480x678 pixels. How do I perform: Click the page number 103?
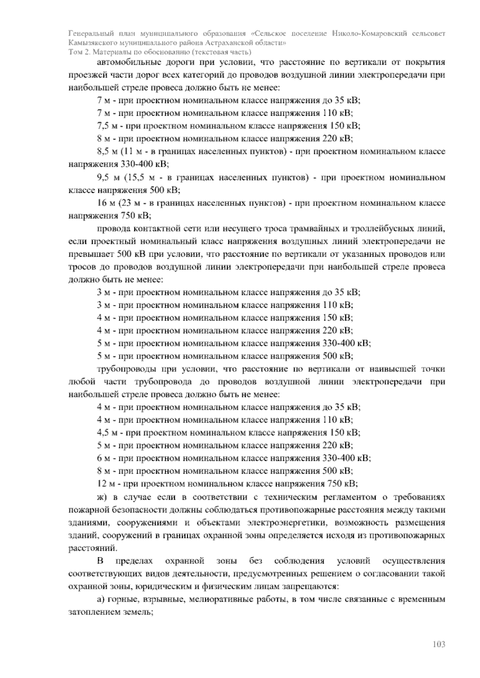click(x=439, y=644)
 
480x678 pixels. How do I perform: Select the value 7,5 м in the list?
click(x=107, y=126)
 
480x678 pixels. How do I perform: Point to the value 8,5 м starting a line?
click(x=107, y=152)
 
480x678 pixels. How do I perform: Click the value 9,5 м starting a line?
click(x=107, y=177)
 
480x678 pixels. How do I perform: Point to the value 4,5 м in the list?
click(x=107, y=433)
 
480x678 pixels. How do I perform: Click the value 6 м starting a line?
click(x=104, y=458)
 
